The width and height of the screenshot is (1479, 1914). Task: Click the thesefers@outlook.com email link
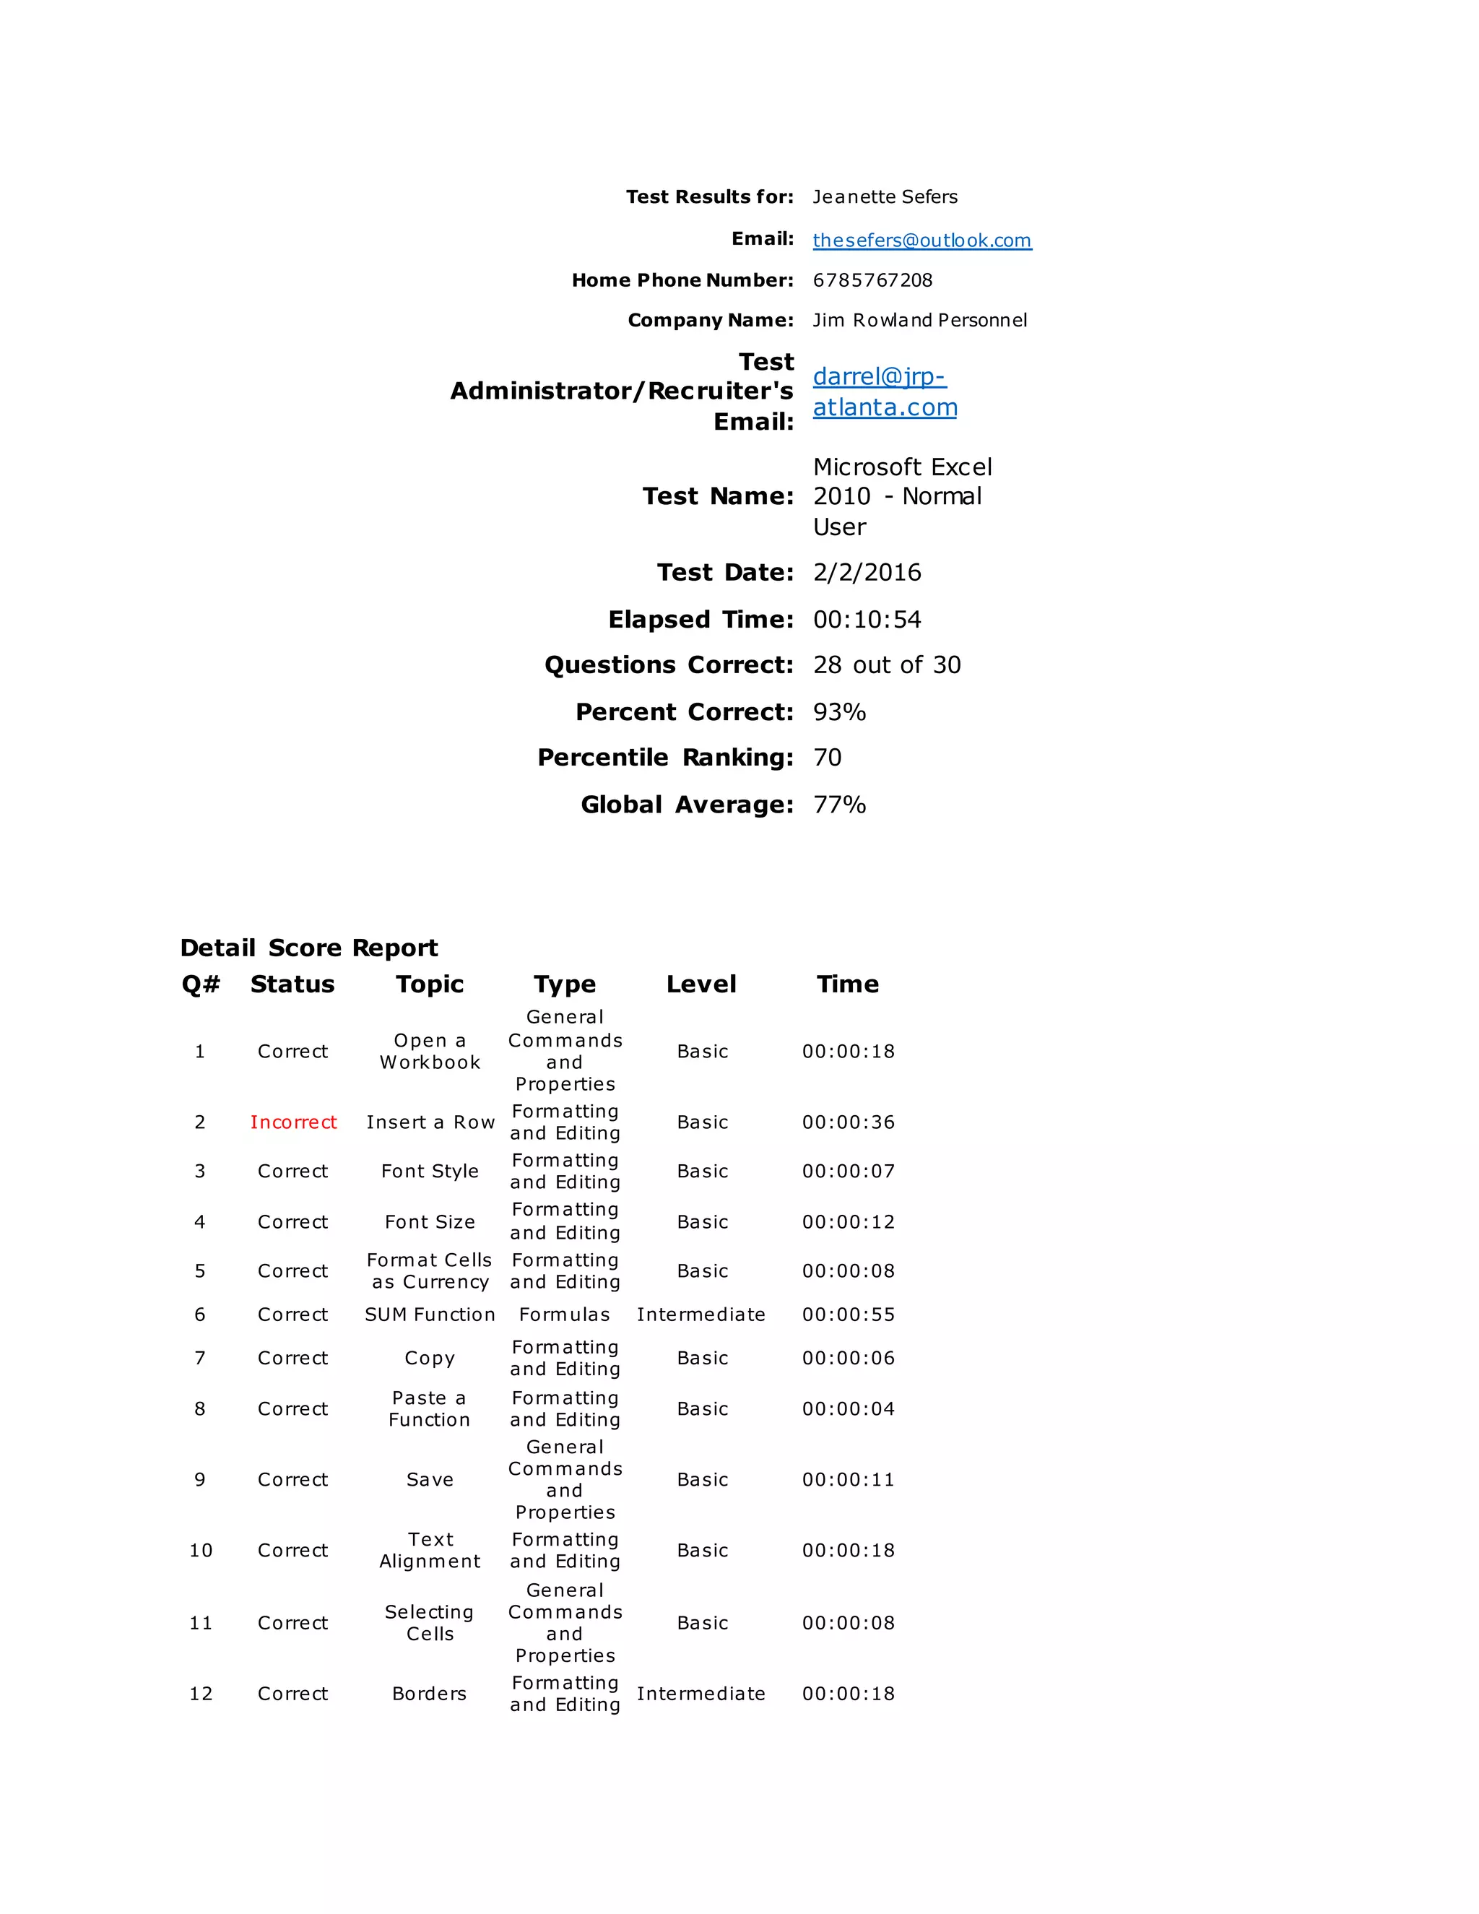[921, 240]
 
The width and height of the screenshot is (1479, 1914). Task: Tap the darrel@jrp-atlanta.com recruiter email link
[884, 391]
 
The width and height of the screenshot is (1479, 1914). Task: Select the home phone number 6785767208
[872, 280]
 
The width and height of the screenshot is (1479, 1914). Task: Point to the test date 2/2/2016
[867, 572]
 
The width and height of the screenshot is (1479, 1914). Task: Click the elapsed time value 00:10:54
[867, 620]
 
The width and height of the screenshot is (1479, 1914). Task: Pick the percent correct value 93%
[839, 711]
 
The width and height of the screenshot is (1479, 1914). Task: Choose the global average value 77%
[839, 805]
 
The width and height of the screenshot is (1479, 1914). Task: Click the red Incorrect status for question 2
[292, 1122]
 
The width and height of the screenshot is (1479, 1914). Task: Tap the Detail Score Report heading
[308, 948]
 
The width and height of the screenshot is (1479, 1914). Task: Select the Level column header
[701, 984]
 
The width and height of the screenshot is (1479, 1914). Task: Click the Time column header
[847, 984]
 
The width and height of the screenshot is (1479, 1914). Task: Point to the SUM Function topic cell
[430, 1315]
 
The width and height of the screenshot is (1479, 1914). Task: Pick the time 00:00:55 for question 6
[848, 1315]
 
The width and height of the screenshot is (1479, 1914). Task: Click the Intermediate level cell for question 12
[701, 1693]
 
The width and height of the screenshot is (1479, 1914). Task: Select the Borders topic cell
[430, 1693]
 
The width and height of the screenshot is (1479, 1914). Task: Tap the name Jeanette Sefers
[885, 197]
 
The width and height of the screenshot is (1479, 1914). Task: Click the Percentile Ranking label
[665, 757]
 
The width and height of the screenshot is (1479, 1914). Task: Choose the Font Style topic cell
[430, 1171]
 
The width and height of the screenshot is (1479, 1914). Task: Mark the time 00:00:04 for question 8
[848, 1408]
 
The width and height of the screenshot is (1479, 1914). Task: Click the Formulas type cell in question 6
[564, 1315]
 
